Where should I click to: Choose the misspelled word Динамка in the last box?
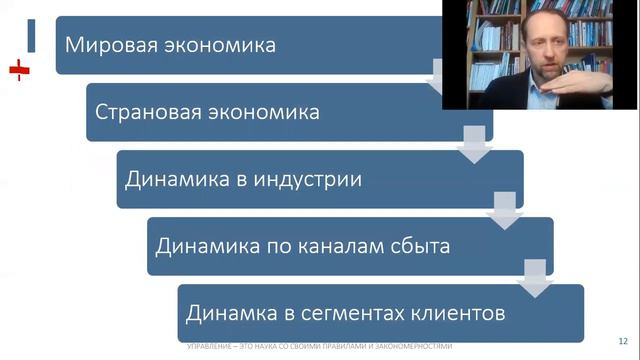[228, 312]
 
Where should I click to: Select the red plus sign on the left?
[18, 70]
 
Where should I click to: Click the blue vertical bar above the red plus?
[31, 34]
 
